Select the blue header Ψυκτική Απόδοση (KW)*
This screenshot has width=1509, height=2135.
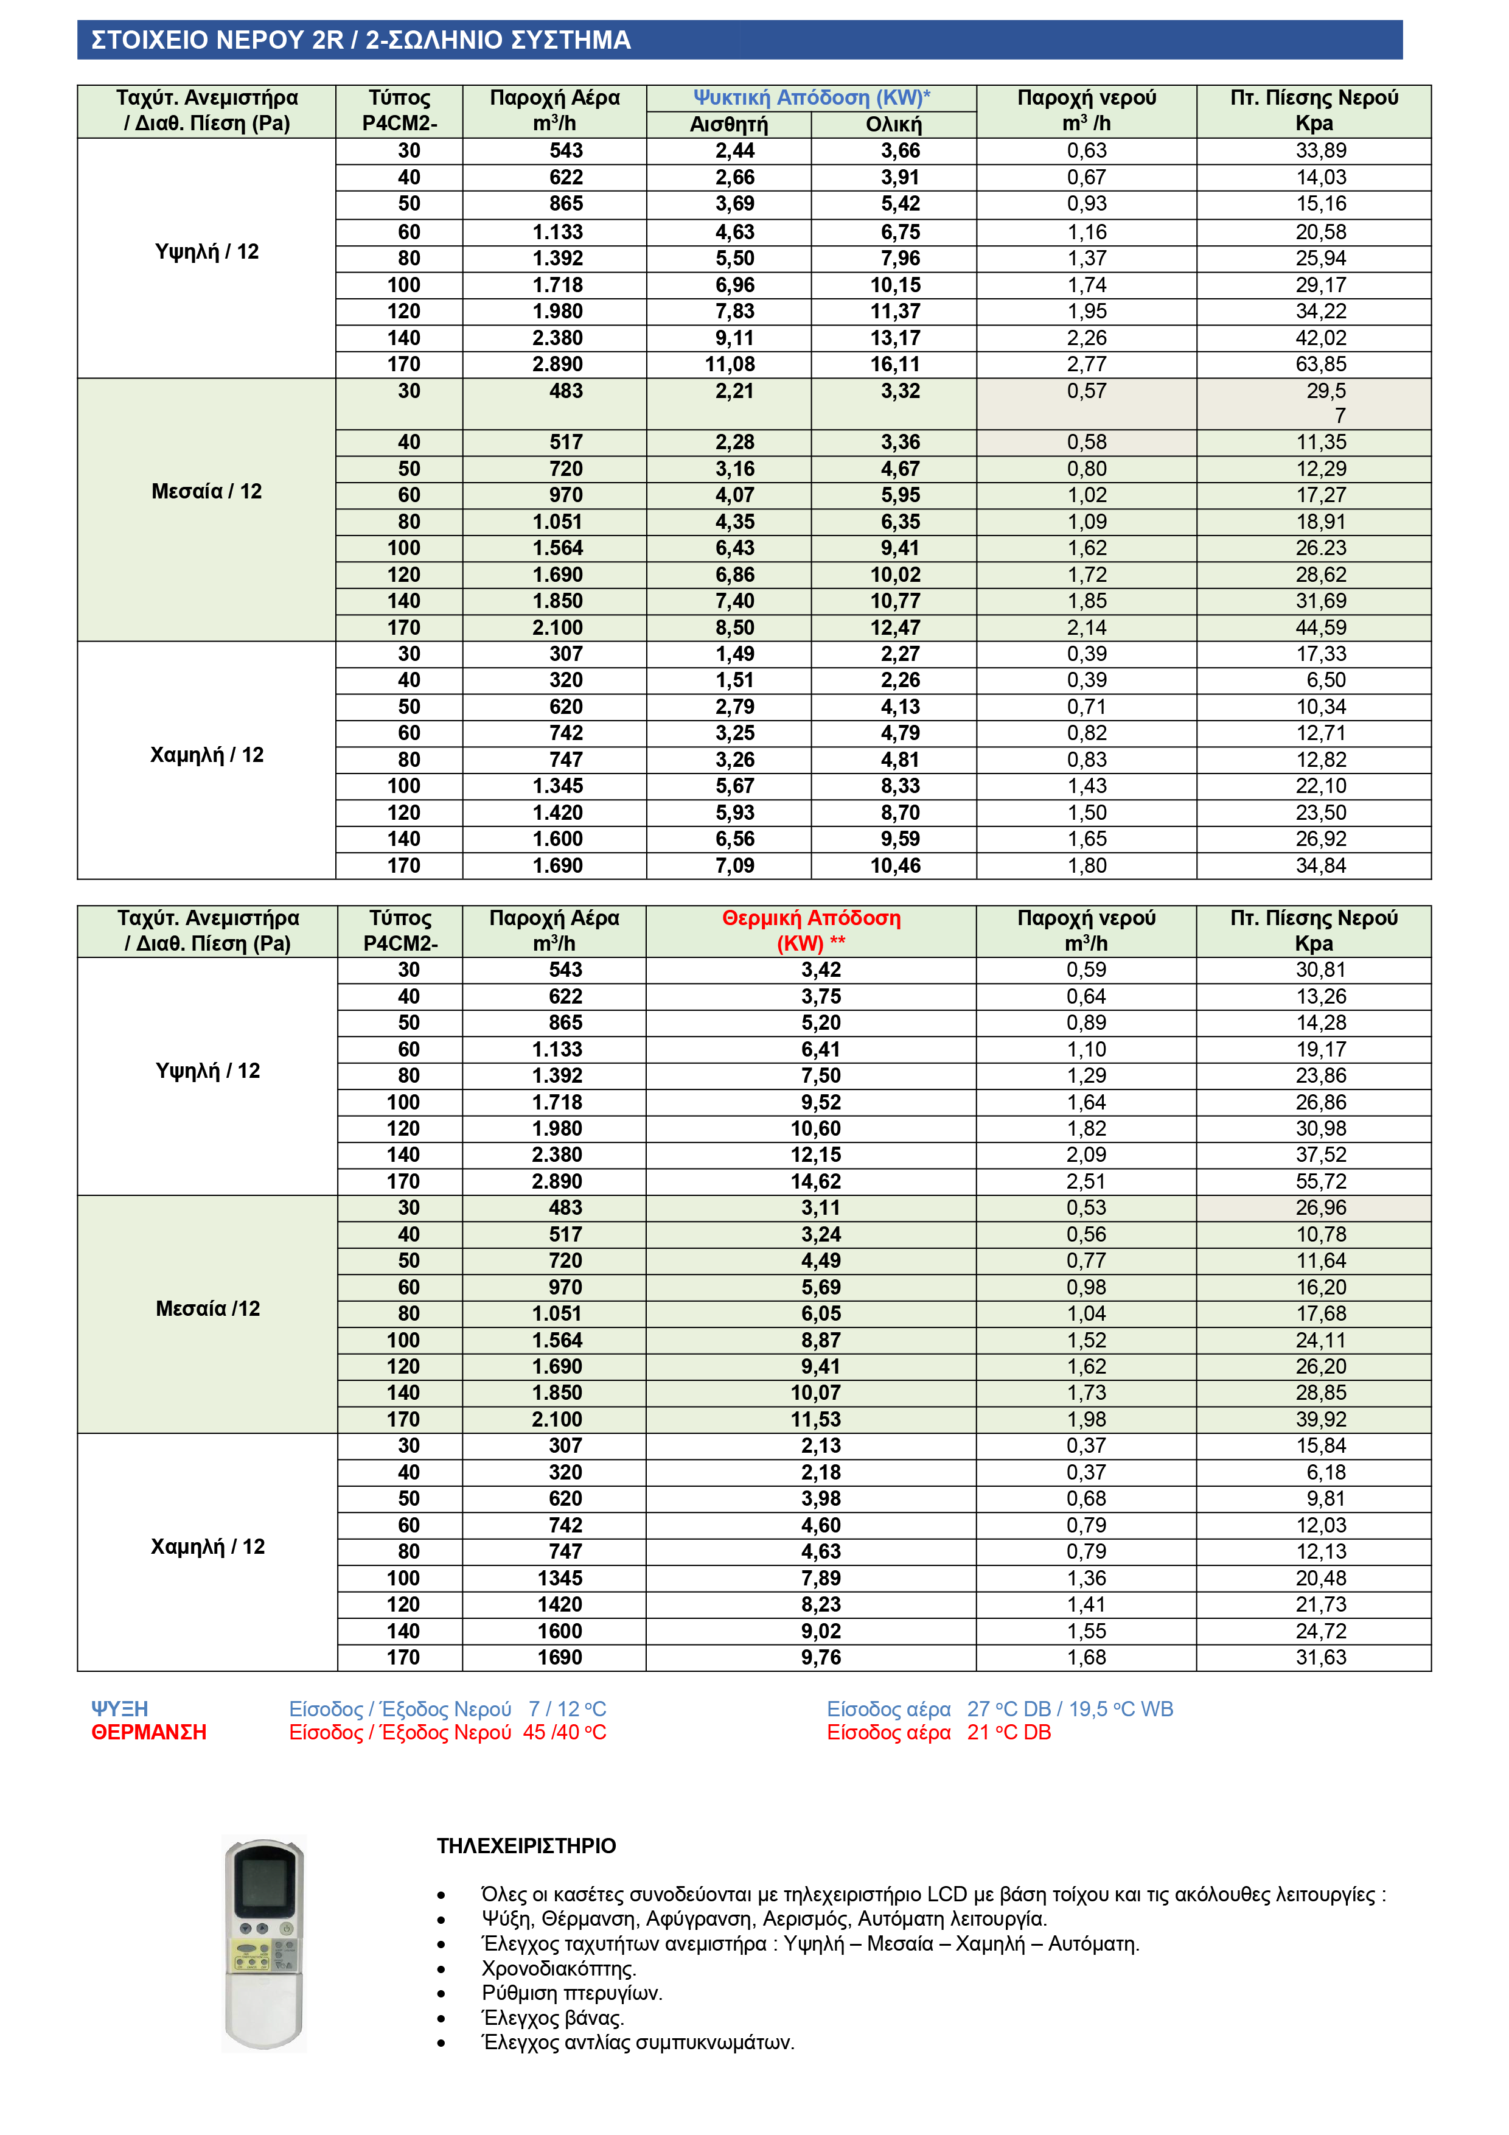pyautogui.click(x=810, y=97)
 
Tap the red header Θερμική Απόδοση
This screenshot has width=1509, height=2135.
pyautogui.click(x=810, y=919)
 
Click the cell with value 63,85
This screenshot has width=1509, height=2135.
pyautogui.click(x=1320, y=365)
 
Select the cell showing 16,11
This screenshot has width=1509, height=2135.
pyautogui.click(x=894, y=365)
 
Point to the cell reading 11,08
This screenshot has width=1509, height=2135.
pyautogui.click(x=730, y=365)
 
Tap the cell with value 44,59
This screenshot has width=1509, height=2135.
pyautogui.click(x=1320, y=627)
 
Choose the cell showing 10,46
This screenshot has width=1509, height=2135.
pyautogui.click(x=894, y=865)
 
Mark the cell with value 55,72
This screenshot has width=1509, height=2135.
pyautogui.click(x=1320, y=1182)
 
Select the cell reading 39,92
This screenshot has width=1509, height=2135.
pyautogui.click(x=1320, y=1420)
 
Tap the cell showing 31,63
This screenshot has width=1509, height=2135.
pyautogui.click(x=1320, y=1658)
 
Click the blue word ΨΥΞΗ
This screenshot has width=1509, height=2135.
pyautogui.click(x=120, y=1709)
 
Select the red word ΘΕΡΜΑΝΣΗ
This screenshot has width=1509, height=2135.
pyautogui.click(x=148, y=1732)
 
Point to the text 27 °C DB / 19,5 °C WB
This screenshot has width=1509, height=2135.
pyautogui.click(x=1069, y=1709)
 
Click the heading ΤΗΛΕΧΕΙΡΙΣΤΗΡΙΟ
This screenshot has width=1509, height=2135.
pyautogui.click(x=526, y=1846)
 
